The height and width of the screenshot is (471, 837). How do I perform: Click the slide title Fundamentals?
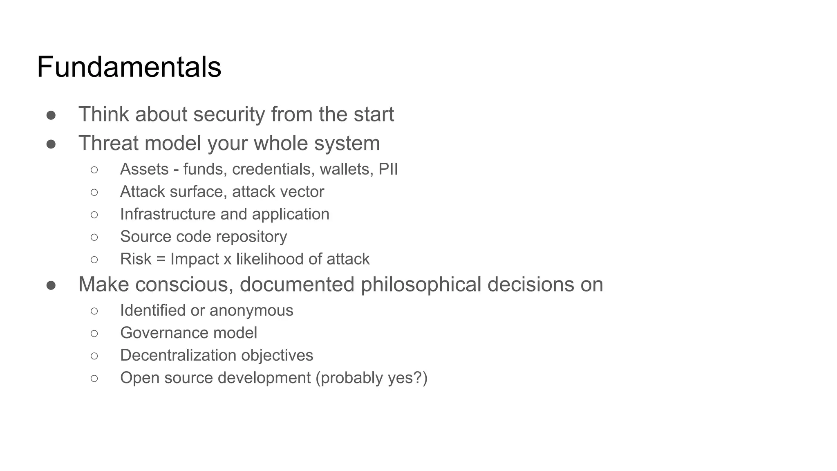pos(129,67)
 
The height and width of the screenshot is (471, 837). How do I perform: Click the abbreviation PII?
pos(388,169)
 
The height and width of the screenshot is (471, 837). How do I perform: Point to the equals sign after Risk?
pos(161,259)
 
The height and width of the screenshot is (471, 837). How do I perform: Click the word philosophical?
pos(421,285)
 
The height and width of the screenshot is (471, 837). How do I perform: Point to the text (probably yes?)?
pos(371,378)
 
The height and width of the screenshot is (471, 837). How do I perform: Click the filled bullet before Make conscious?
pos(51,285)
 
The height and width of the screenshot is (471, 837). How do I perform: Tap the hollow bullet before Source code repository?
pos(94,237)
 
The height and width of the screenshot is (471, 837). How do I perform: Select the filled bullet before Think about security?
pos(51,115)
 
